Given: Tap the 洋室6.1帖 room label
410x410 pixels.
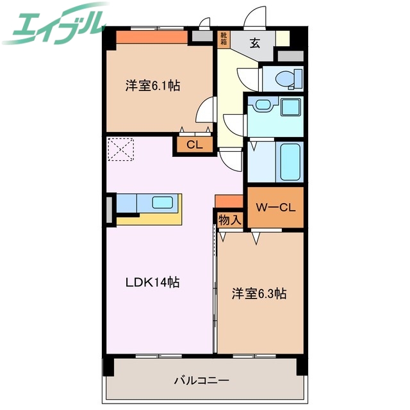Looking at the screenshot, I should click(152, 85).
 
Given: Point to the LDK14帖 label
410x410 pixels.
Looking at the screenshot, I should click(152, 282).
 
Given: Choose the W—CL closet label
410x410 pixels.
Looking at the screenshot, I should click(275, 207).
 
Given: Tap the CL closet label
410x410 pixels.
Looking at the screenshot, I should click(194, 145).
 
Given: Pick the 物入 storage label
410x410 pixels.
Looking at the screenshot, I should click(229, 220).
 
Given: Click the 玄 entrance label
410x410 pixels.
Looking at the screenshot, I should click(254, 43).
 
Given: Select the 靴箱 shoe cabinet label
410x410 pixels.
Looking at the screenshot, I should click(224, 39).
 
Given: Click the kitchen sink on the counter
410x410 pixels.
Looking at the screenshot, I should click(163, 203).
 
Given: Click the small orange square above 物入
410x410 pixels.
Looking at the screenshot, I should click(229, 201).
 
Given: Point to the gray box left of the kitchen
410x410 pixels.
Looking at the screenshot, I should click(109, 209).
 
